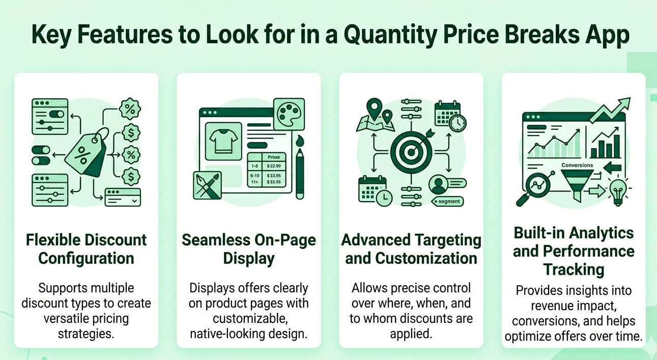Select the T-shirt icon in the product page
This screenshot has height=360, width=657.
pyautogui.click(x=222, y=140)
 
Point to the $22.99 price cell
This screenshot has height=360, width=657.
pyautogui.click(x=273, y=166)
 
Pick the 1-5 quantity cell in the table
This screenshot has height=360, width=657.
pyautogui.click(x=253, y=166)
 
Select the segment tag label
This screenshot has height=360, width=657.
pyautogui.click(x=448, y=201)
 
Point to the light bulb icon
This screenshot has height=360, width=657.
pyautogui.click(x=618, y=190)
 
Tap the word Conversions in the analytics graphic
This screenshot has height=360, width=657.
pyautogui.click(x=577, y=165)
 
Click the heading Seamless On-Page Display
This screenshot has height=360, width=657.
pyautogui.click(x=248, y=248)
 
